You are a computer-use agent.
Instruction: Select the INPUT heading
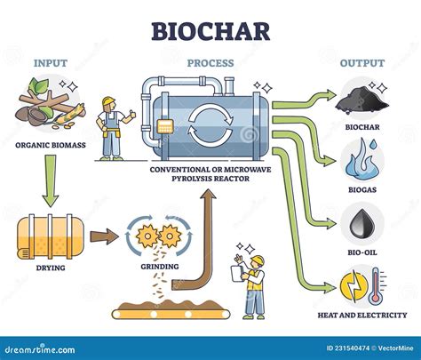pos(51,63)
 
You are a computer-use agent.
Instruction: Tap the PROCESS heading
pos(210,63)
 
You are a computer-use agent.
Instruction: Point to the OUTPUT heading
pos(361,63)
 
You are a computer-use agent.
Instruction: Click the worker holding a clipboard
pos(253,283)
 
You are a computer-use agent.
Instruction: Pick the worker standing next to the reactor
pos(112,128)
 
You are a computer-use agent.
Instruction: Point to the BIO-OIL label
pos(362,250)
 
